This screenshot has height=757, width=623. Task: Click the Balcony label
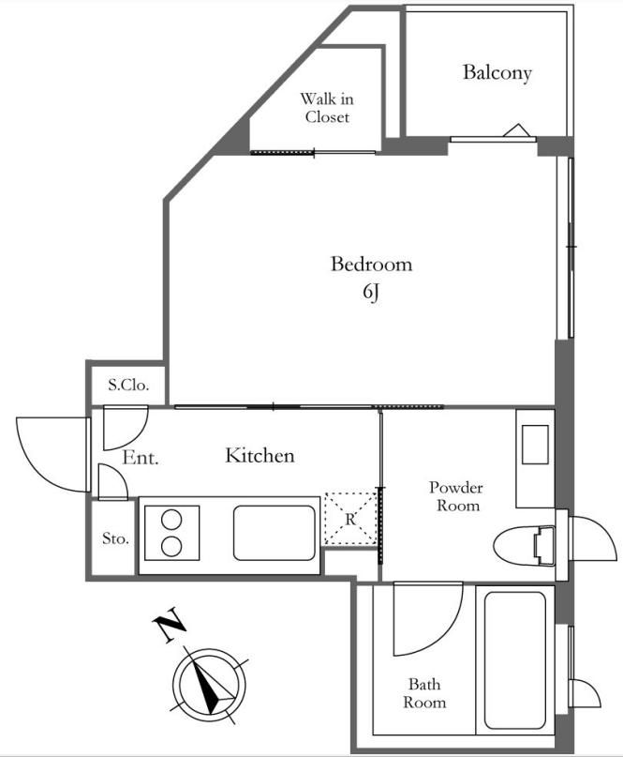[497, 72]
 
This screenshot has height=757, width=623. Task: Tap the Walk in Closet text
[325, 108]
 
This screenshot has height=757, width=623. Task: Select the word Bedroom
[371, 265]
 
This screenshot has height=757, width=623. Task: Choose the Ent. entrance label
[141, 459]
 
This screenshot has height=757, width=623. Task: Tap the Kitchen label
[260, 456]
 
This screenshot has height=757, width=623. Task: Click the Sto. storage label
[114, 539]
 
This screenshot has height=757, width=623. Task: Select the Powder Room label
[455, 496]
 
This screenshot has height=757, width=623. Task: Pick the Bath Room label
[424, 693]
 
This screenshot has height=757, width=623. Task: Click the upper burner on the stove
[172, 519]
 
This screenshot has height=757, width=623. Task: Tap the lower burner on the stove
[172, 546]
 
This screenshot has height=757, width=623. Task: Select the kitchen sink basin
[274, 535]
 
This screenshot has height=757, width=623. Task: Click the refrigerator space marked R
[349, 518]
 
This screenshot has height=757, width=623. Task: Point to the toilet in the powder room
[525, 544]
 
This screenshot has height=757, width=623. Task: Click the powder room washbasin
[536, 445]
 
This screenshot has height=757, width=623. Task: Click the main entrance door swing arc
[47, 450]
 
